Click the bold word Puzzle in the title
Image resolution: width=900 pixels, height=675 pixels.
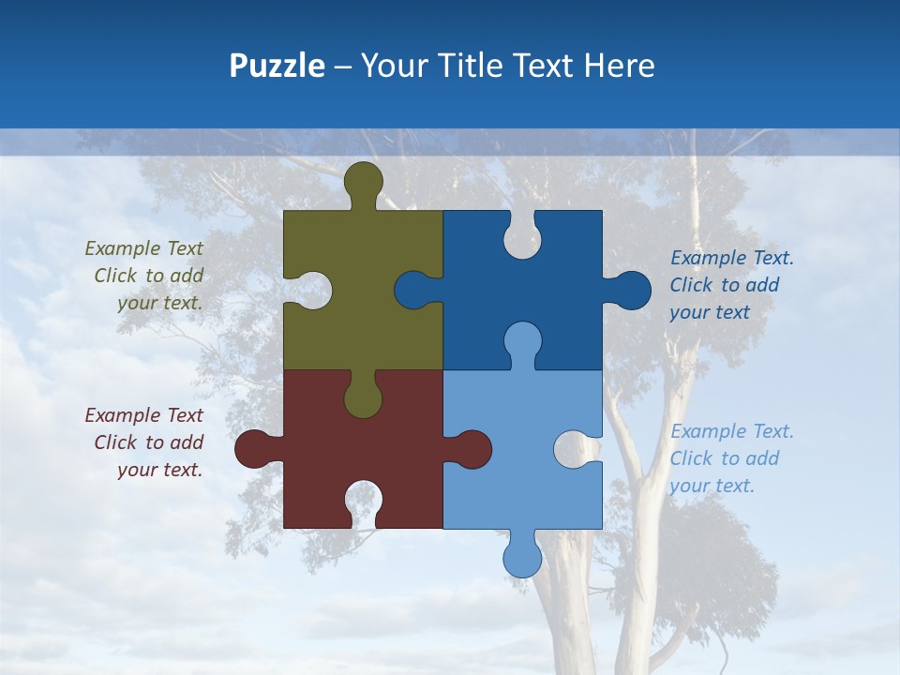(277, 66)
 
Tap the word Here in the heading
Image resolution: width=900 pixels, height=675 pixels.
(619, 66)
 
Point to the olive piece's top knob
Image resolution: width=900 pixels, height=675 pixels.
(364, 181)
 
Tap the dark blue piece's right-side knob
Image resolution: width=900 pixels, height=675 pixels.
(632, 291)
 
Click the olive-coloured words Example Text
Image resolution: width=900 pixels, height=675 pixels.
(143, 248)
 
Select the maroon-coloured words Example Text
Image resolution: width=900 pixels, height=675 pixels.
(143, 415)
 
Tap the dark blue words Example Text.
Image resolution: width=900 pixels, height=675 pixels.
(731, 258)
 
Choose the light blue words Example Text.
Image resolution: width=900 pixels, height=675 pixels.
(731, 431)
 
